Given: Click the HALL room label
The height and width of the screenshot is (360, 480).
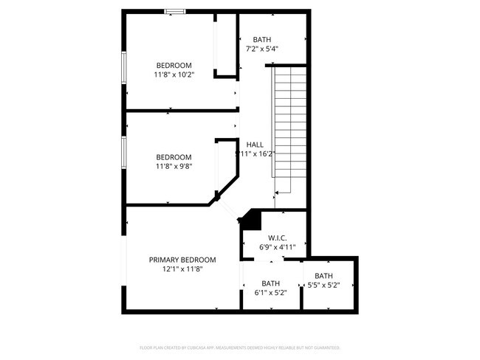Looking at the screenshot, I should [255, 145].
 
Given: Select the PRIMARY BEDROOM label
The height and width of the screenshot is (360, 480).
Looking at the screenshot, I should [182, 260].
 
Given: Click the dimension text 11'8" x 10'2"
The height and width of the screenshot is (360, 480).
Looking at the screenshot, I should [174, 75].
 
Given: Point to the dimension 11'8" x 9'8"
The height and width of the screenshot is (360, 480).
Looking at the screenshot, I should [174, 167].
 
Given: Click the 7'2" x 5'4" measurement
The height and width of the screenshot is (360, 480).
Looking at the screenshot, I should [261, 49].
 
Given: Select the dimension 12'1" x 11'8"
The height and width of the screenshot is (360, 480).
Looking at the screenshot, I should [182, 269].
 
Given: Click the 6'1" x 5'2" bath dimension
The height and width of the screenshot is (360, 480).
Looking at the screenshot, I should [270, 292].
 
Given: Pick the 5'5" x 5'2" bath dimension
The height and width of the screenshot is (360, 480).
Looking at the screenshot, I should [323, 285].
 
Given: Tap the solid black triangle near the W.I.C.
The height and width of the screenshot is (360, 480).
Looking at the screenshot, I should [252, 220].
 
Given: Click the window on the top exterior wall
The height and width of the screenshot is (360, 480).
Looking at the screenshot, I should [174, 11].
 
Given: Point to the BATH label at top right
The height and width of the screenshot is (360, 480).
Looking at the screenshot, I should [261, 40].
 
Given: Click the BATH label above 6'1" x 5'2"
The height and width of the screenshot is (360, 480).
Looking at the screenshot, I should [270, 283].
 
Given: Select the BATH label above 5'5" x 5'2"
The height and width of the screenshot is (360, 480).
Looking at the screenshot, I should [323, 276].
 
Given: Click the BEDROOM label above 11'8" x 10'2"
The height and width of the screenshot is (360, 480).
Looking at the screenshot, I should [174, 65].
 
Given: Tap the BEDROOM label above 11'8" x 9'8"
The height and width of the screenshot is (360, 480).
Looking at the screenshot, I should [174, 157].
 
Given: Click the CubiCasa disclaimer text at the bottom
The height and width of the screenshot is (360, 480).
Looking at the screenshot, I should [239, 346].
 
